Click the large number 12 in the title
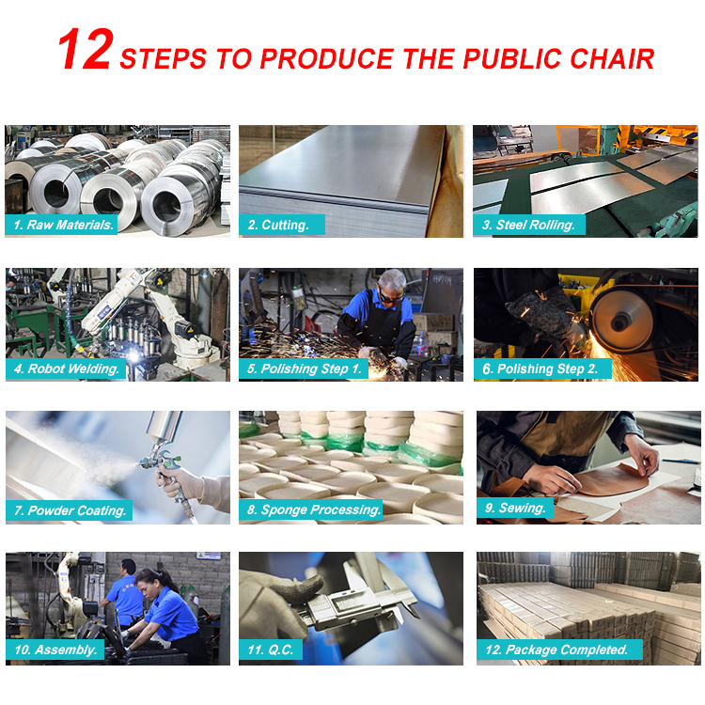pyautogui.click(x=85, y=49)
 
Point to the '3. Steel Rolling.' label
pyautogui.click(x=528, y=225)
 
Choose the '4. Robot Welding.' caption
pyautogui.click(x=66, y=368)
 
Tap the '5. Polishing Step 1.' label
pyautogui.click(x=304, y=368)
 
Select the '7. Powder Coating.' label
pyautogui.click(x=69, y=510)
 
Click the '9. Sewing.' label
pyautogui.click(x=515, y=508)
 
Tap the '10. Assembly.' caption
pyautogui.click(x=55, y=650)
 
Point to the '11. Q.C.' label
pyautogui.click(x=270, y=650)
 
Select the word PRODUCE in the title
pyautogui.click(x=326, y=59)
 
